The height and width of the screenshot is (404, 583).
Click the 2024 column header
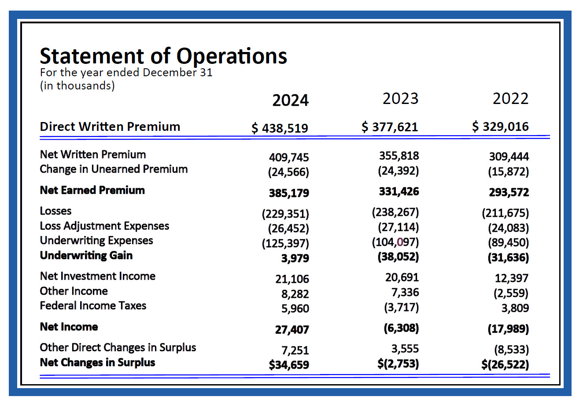290,100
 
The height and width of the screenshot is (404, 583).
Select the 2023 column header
400,98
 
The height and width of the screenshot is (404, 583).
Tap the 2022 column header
510,98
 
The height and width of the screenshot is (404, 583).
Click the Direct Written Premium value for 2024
280,128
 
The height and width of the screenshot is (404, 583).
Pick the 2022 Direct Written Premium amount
500,126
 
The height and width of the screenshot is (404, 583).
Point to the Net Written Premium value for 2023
399,156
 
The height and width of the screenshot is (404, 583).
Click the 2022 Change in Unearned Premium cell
508,172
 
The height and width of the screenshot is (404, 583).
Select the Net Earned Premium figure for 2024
289,193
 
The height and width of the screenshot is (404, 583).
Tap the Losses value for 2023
395,212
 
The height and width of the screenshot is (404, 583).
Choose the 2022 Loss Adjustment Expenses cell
508,228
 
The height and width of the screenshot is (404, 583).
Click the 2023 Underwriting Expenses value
395,242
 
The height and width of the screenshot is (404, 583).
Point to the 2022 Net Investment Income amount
512,278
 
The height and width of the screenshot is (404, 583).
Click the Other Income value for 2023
405,293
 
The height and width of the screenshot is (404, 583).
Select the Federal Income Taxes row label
93,306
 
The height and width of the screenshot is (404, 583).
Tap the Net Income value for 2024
292,330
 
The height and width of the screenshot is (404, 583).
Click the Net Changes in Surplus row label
97,363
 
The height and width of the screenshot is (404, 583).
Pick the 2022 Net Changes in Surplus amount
505,364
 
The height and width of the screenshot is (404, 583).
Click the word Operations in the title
232,56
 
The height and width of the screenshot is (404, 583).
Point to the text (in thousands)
77,86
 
